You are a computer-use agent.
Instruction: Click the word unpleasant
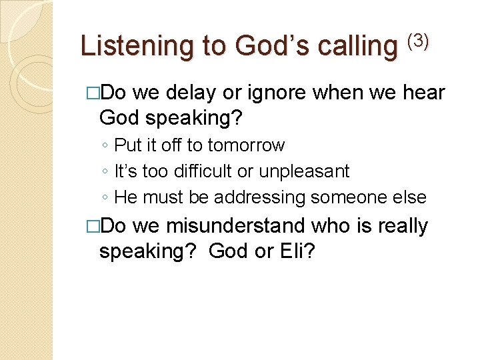coord(303,171)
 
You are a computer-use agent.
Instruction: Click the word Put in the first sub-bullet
coord(125,145)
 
